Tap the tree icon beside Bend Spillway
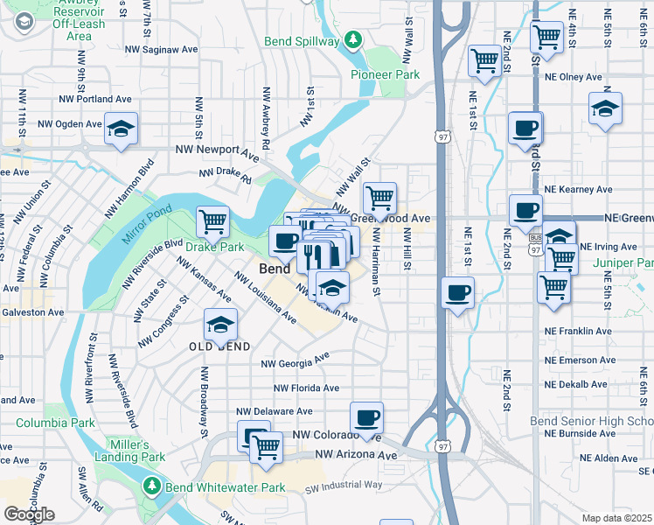coord(352,39)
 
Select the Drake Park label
coord(214,248)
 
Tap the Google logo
coord(29,514)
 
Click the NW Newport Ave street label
coord(217,150)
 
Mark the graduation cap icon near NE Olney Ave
coord(605,109)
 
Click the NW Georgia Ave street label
coord(296,360)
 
